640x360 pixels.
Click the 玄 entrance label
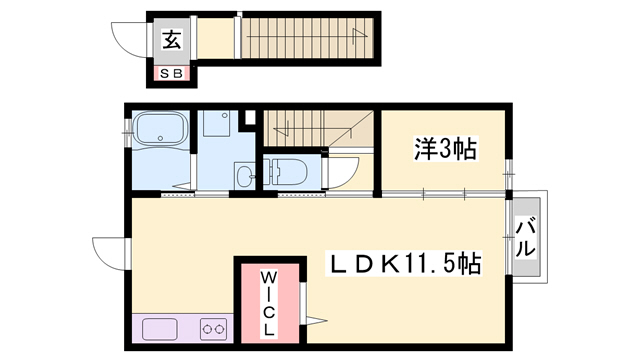tap(172, 40)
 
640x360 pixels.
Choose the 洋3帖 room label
tap(445, 150)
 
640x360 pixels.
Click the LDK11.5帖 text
tap(407, 264)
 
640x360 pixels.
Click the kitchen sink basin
tap(160, 327)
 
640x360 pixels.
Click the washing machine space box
tap(215, 126)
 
